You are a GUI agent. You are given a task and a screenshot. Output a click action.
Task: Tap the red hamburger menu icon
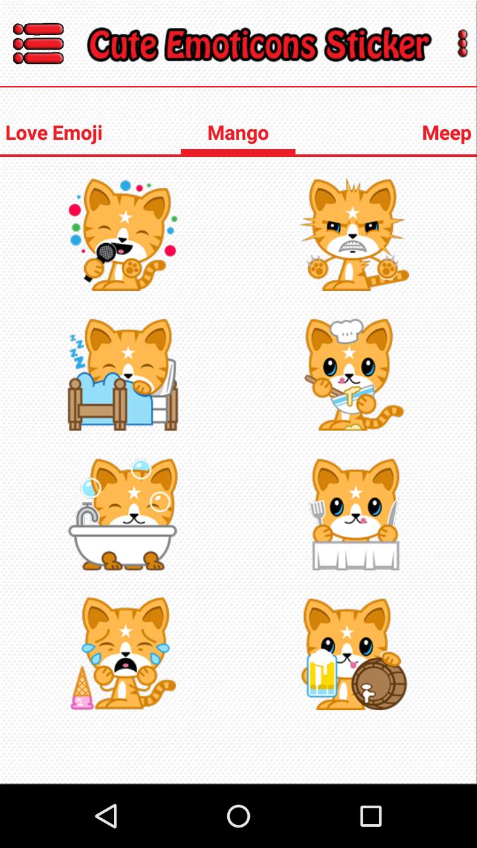[x=38, y=44]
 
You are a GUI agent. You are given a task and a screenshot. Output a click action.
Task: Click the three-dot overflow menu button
[x=462, y=44]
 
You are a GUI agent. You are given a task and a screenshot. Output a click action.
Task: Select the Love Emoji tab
[x=54, y=133]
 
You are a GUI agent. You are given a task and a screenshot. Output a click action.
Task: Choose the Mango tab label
[x=238, y=133]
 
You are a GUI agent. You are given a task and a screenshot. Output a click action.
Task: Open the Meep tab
[x=446, y=133]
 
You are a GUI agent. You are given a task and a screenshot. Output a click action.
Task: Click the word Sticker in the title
[x=377, y=45]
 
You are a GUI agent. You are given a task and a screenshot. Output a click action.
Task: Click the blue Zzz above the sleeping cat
[x=78, y=350]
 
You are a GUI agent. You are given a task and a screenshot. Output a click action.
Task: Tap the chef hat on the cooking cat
[x=346, y=329]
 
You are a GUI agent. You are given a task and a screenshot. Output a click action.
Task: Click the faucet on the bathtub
[x=86, y=514]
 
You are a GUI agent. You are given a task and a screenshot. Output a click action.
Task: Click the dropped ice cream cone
[x=82, y=689]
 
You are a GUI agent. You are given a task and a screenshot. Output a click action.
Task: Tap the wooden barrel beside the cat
[x=378, y=684]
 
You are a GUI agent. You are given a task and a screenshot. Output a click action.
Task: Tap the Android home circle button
[x=238, y=816]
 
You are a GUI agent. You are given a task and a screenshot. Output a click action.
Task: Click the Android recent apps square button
[x=371, y=816]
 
